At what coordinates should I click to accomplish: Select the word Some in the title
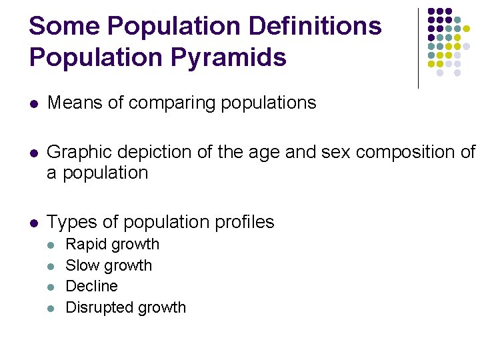click(x=65, y=27)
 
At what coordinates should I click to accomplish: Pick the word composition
click(x=406, y=153)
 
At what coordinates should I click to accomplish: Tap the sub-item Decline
click(x=91, y=286)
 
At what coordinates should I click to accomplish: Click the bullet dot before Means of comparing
click(x=34, y=104)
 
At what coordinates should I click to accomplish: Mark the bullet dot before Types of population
click(x=34, y=223)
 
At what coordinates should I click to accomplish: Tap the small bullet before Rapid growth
click(x=53, y=245)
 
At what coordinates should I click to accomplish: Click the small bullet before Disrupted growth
click(x=53, y=308)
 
